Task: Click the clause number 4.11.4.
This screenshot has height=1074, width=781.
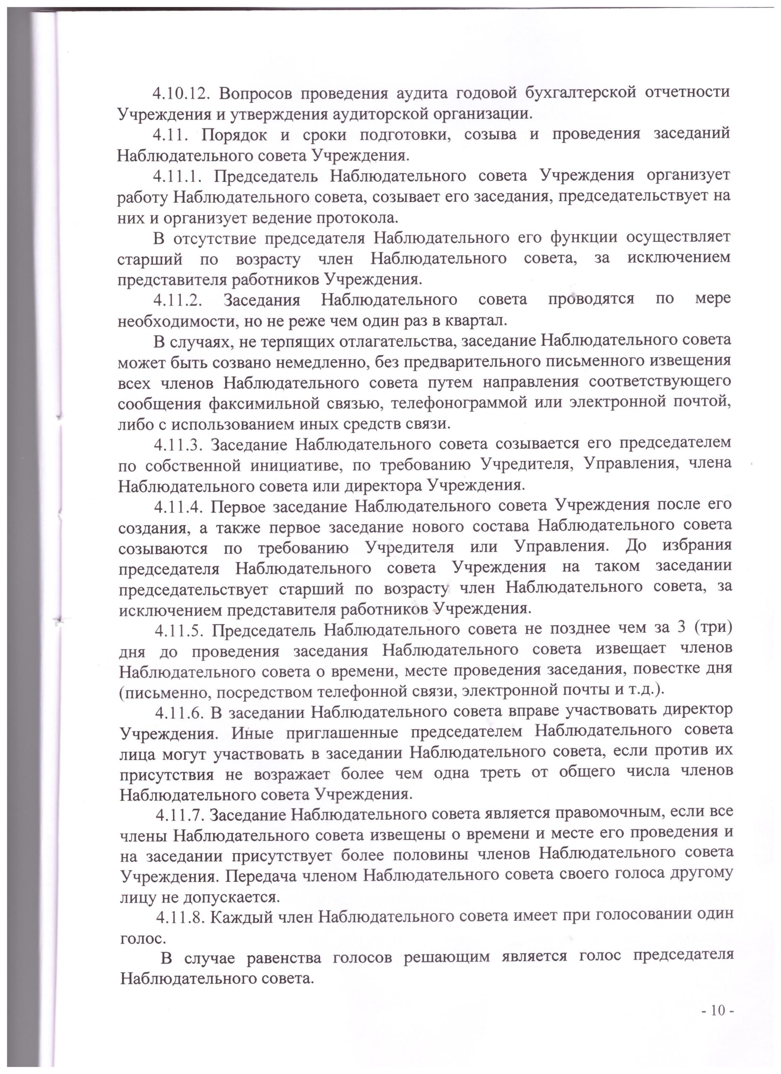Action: click(x=178, y=506)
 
